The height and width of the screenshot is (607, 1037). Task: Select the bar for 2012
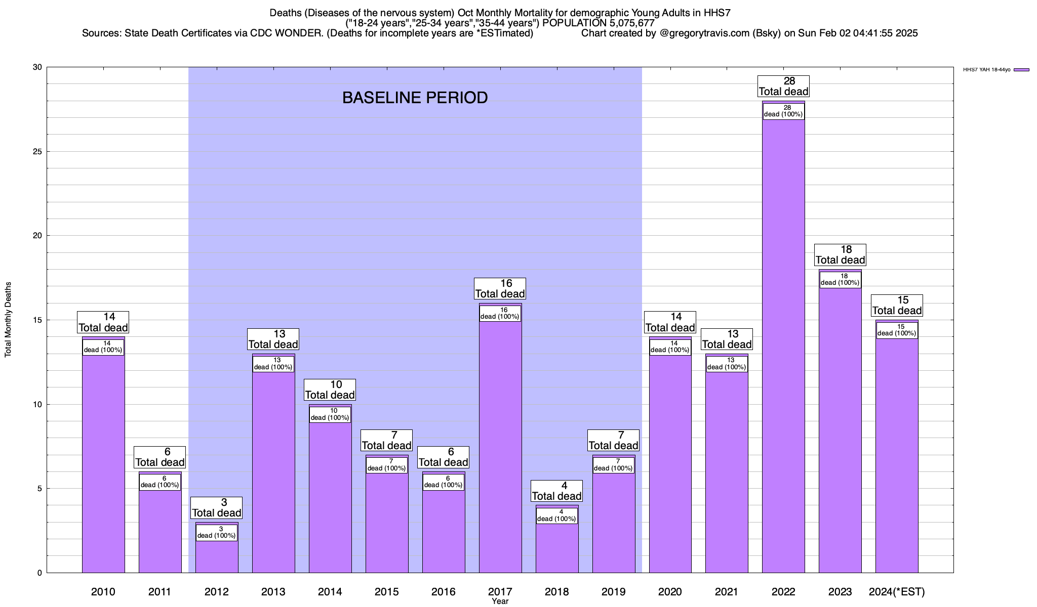pos(217,556)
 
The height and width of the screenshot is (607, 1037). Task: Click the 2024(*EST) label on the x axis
pos(897,592)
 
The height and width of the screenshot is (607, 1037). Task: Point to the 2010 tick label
pos(103,592)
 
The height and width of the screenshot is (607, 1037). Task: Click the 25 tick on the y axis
pos(37,152)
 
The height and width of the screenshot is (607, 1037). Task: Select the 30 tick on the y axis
pos(37,67)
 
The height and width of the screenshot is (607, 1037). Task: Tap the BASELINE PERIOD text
pos(415,98)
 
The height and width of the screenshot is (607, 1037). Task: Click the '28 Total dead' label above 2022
pos(783,86)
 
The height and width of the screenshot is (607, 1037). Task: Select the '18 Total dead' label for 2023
pos(840,255)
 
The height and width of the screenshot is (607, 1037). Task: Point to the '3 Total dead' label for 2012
pos(217,508)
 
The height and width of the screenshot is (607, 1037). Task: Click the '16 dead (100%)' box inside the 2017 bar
pos(500,314)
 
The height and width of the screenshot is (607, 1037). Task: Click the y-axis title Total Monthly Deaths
pos(8,320)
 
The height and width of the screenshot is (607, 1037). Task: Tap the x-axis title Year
pos(500,601)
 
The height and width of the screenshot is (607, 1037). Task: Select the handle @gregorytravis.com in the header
pos(705,33)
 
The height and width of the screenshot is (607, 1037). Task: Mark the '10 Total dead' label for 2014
pos(330,390)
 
